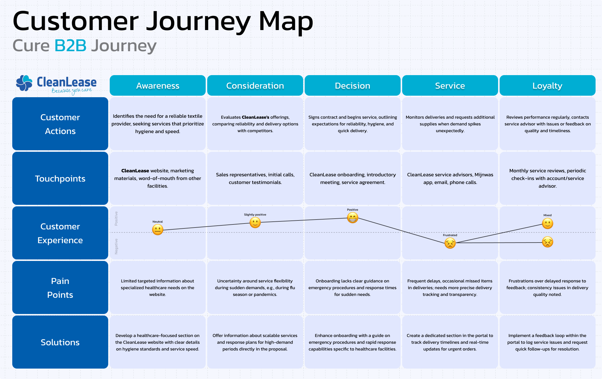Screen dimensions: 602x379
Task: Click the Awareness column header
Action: [158, 86]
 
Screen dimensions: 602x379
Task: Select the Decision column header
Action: [352, 86]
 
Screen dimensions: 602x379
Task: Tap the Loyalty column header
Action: [547, 86]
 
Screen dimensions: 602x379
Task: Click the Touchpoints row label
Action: [60, 178]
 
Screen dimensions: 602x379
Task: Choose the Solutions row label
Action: [60, 342]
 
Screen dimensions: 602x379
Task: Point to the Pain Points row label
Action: [60, 288]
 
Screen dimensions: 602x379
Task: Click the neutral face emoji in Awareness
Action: [158, 230]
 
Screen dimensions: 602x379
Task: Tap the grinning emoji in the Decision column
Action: [352, 218]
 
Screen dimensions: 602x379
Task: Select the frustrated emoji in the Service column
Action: [450, 243]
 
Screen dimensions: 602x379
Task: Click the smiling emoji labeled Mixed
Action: [547, 224]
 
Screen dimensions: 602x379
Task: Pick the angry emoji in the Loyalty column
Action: [547, 242]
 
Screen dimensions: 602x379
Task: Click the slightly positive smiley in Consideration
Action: [255, 223]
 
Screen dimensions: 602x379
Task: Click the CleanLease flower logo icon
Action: [24, 83]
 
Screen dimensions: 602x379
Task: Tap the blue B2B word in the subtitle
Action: [70, 46]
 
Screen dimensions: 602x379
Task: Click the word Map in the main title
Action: [286, 21]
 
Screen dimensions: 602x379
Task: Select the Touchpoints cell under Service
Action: [450, 178]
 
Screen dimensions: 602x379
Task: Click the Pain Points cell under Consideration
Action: [255, 288]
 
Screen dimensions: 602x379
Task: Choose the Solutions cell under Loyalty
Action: [547, 342]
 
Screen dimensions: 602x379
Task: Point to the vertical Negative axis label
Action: [116, 247]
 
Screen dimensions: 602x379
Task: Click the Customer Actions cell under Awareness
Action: [158, 124]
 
